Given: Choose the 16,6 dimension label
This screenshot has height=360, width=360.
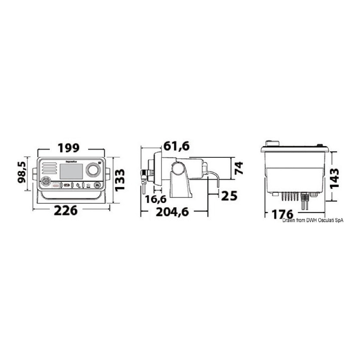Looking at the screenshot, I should [x=156, y=199].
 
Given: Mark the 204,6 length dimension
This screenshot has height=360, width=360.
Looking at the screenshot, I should [x=172, y=212].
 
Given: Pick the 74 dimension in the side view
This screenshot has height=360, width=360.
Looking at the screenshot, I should [x=239, y=168].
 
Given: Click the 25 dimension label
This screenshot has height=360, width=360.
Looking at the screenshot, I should [x=230, y=196].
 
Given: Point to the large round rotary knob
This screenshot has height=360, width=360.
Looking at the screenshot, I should [x=92, y=170].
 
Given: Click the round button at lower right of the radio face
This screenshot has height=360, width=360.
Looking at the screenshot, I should [x=97, y=185].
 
